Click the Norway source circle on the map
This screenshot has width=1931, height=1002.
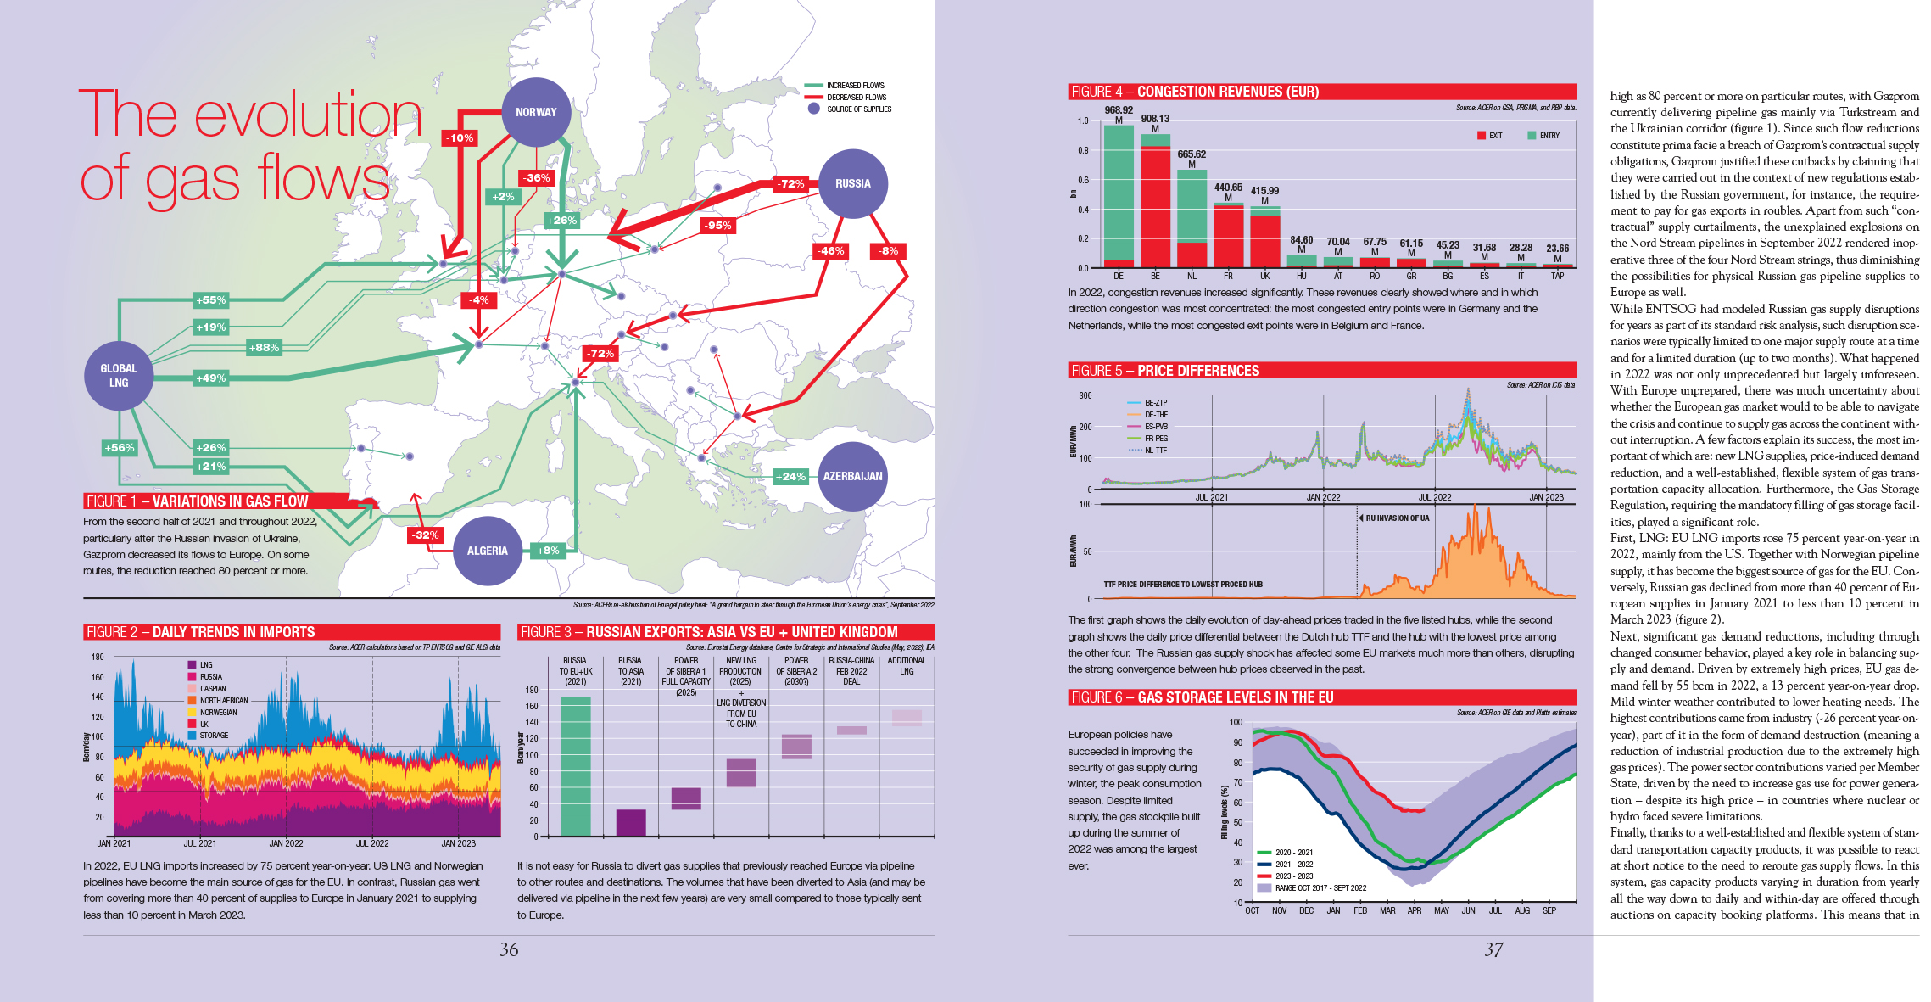536,112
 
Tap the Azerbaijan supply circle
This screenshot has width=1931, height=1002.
852,476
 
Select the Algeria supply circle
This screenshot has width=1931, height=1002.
487,551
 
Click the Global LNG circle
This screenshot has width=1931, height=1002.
119,375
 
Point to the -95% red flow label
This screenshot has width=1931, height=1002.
717,226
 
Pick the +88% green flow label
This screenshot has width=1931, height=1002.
264,348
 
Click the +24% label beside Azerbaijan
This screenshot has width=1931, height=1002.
790,477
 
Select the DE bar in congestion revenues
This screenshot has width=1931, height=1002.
1119,195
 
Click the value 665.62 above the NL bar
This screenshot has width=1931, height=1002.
1192,154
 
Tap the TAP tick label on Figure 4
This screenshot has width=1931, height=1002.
1558,276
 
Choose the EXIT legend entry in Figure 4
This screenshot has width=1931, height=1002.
1490,136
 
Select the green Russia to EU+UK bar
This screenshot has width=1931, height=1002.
576,766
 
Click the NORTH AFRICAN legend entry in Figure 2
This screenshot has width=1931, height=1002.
223,701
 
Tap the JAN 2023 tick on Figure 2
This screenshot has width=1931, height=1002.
458,843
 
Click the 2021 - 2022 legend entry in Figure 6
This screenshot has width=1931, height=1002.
1293,865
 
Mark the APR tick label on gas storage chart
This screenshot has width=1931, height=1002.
1415,910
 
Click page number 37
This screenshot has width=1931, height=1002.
1493,950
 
